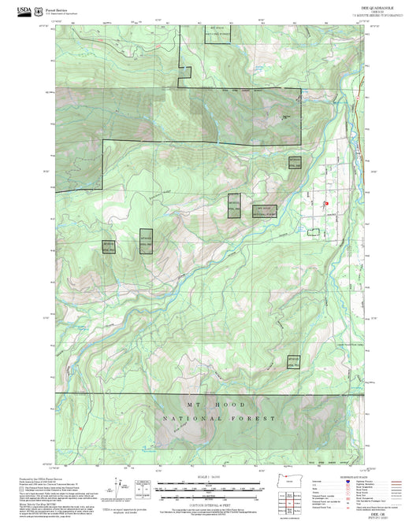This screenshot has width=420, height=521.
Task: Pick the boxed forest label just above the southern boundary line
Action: [293, 363]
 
